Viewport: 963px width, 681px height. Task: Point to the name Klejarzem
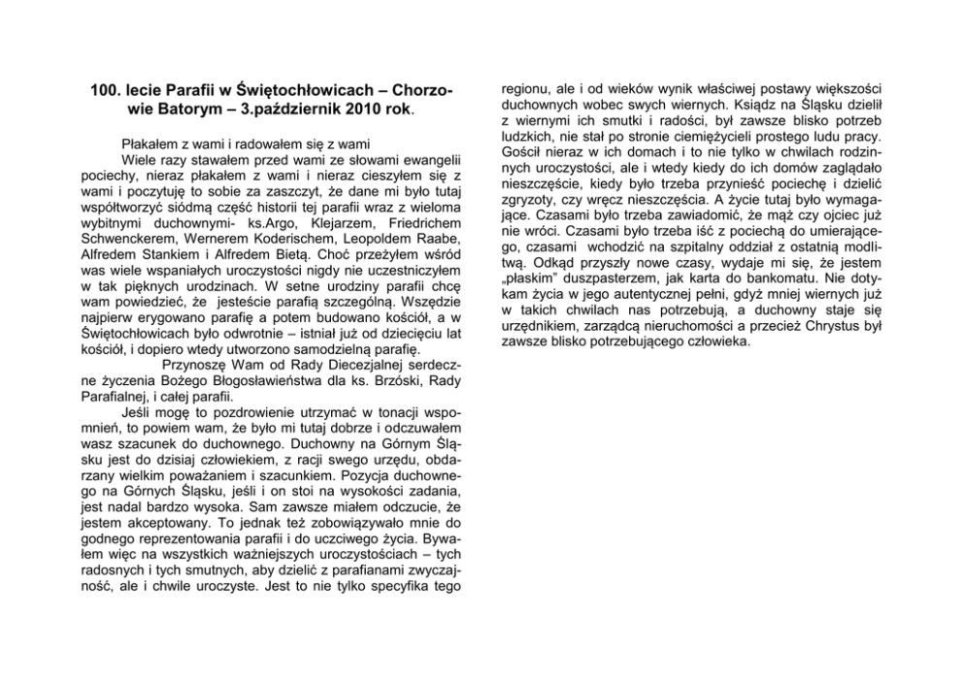(x=304, y=222)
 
